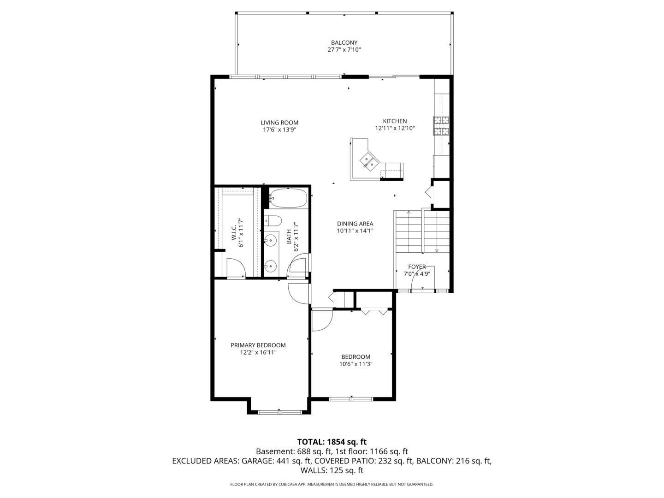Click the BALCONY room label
pos(344,42)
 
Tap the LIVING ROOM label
pos(279,123)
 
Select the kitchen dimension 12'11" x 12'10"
pos(395,129)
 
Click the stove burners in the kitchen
pos(441,126)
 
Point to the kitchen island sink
pos(368,161)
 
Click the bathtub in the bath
pos(288,198)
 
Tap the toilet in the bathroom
pos(273,221)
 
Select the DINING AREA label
pos(355,224)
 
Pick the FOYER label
pos(417,267)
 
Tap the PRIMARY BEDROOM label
pos(258,345)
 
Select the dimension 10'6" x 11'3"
pos(356,364)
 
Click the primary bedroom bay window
pos(279,411)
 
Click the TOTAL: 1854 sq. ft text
pos(332,442)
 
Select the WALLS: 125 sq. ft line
pos(332,471)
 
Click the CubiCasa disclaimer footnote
pos(332,484)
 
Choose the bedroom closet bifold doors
pos(374,312)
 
